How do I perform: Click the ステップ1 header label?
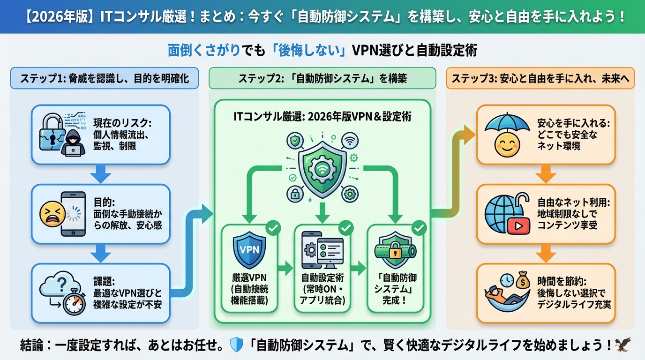105,78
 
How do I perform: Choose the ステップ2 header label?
322,78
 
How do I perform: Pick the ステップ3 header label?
540,78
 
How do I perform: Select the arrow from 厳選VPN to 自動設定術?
284,269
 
